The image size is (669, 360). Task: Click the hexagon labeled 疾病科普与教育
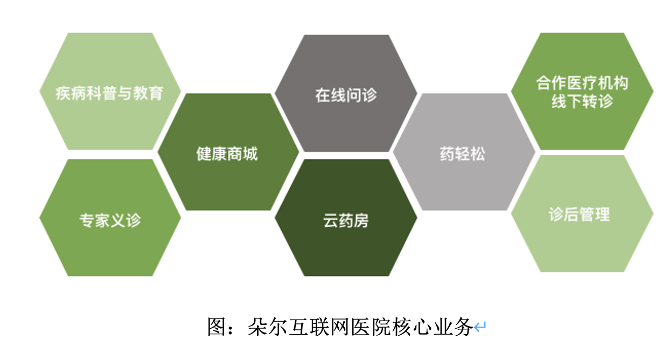pos(110,92)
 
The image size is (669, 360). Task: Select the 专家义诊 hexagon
pos(110,218)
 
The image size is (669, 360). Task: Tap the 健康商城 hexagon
pos(228,152)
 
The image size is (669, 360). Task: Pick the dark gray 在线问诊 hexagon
pos(346,93)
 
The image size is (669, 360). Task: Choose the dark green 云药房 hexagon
pos(346,218)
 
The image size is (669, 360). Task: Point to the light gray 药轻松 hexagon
pos(464,152)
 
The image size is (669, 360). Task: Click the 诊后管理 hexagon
pos(582,213)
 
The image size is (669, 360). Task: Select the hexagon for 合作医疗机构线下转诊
pos(582,92)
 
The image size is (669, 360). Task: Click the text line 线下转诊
pos(582,101)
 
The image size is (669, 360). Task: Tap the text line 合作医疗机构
pos(582,83)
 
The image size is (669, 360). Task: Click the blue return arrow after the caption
pos(480,327)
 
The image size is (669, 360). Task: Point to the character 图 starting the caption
pos(216,327)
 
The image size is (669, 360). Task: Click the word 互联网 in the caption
pos(319,327)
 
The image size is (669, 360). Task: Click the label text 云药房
pos(346,221)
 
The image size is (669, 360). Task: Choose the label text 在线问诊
pos(346,95)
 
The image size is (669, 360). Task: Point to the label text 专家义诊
pos(110,220)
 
